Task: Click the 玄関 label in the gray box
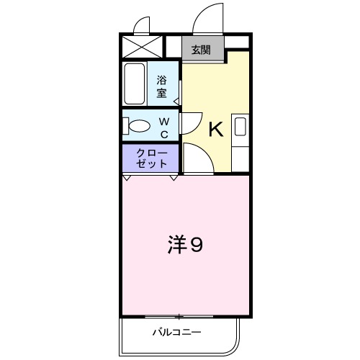click(x=201, y=50)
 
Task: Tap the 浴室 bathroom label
click(x=162, y=86)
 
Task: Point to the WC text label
click(x=164, y=128)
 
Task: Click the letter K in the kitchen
click(x=215, y=130)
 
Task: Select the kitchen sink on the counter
click(x=240, y=128)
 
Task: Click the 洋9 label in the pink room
click(x=186, y=246)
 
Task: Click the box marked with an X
click(x=140, y=48)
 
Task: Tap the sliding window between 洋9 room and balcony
click(x=179, y=317)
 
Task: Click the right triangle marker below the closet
click(x=174, y=177)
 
